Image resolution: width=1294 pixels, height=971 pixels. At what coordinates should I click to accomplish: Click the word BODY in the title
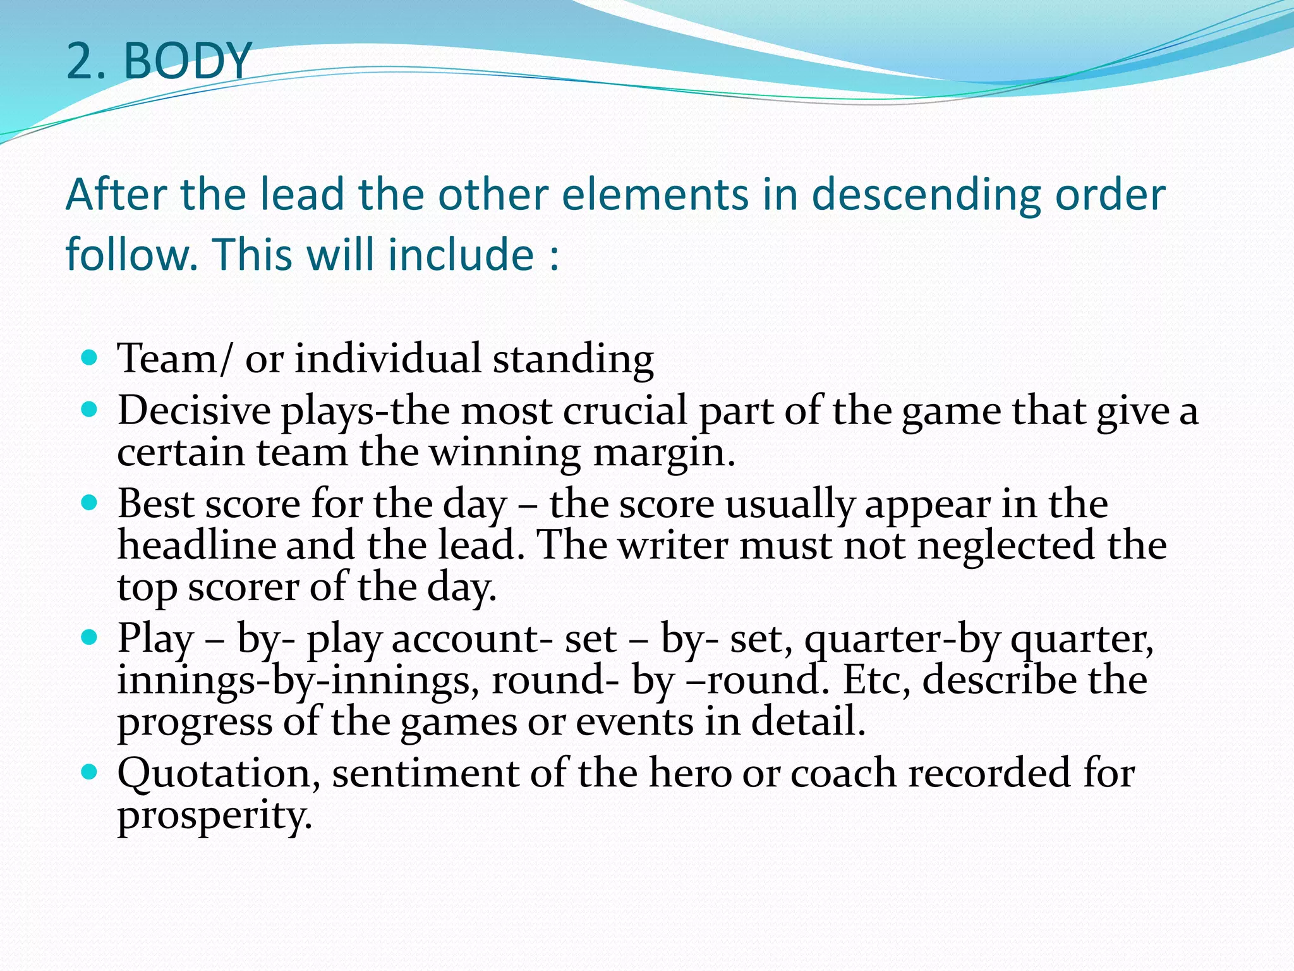[x=188, y=61]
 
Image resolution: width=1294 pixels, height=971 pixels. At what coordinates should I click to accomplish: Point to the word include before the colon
[x=461, y=255]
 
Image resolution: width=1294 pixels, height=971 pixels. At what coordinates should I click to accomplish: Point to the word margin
[x=663, y=453]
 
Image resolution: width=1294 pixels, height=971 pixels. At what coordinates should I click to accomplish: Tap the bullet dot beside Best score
[x=90, y=504]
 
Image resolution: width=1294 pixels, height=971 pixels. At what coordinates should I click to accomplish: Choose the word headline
[x=197, y=546]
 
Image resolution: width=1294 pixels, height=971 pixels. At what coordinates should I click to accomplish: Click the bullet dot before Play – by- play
[x=90, y=638]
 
